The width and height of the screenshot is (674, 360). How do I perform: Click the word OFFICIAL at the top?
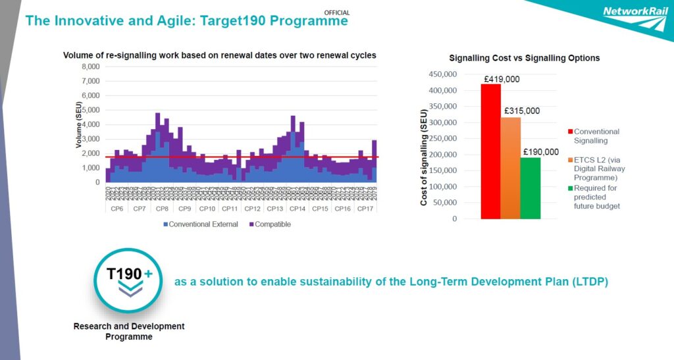tap(337, 13)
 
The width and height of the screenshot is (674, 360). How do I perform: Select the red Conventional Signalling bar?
tap(490, 151)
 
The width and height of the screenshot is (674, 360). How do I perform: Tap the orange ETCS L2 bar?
tap(510, 168)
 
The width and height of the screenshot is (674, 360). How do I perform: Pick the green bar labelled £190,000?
tap(530, 188)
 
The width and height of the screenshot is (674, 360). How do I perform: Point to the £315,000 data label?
tap(522, 111)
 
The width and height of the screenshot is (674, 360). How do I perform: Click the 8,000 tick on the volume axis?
tap(90, 66)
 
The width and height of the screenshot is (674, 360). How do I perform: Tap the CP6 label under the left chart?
tap(117, 209)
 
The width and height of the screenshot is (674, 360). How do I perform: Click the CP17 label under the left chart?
tap(365, 209)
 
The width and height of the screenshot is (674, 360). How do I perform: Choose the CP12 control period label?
tap(252, 209)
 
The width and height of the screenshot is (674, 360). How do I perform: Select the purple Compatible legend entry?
tap(271, 224)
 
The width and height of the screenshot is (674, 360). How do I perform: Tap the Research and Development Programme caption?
tap(129, 331)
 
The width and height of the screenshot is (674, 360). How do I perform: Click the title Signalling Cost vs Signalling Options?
tap(524, 58)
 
